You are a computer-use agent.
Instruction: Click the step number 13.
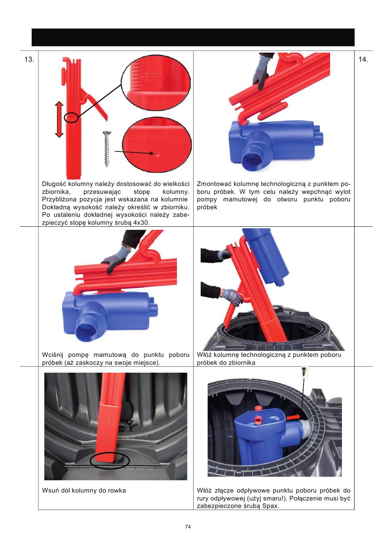point(29,59)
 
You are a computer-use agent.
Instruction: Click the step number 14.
point(363,59)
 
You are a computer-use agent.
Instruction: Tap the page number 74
point(188,527)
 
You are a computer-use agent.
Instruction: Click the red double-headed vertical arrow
point(59,119)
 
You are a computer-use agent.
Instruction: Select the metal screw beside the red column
point(106,149)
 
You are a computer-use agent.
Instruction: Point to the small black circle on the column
point(71,117)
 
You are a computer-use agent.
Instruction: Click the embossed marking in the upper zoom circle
point(154,78)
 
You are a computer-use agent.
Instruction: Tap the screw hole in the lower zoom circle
point(158,154)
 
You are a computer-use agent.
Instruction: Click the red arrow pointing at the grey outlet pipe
point(293,417)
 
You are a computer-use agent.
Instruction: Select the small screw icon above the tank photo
point(304,371)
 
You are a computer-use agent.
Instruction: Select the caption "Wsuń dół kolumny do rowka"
point(84,491)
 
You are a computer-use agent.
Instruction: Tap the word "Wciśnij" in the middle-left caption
point(53,355)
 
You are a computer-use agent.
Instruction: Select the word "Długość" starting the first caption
point(54,184)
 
